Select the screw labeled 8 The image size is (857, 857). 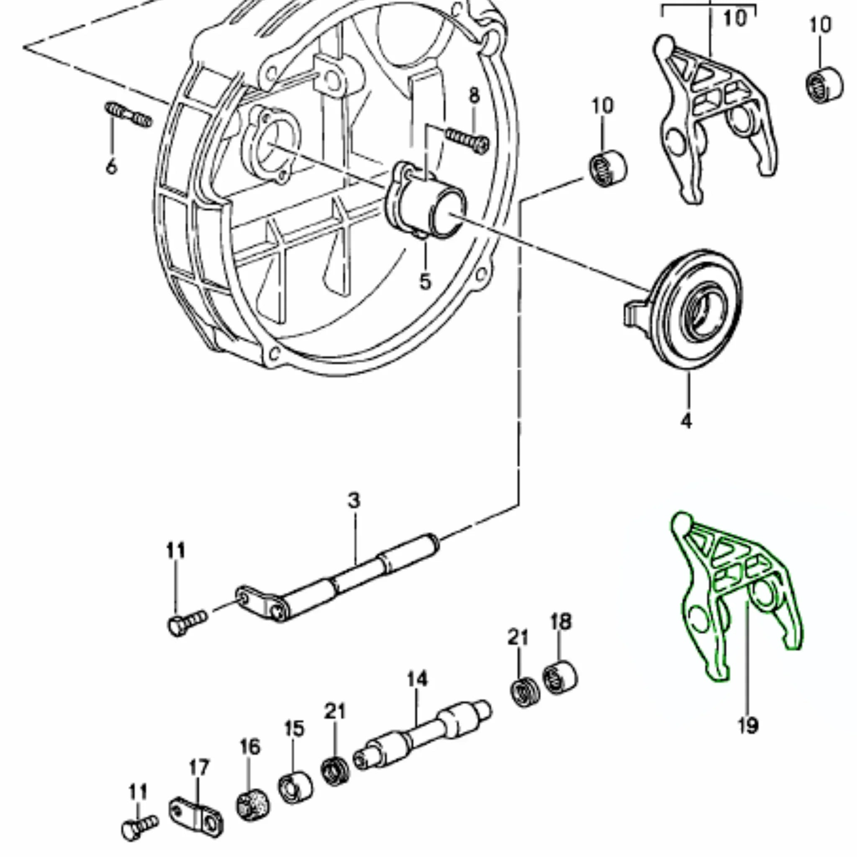pyautogui.click(x=468, y=140)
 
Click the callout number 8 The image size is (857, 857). pyautogui.click(x=474, y=95)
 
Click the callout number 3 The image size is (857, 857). pyautogui.click(x=354, y=500)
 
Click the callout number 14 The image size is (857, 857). pyautogui.click(x=417, y=679)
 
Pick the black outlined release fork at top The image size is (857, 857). pyautogui.click(x=714, y=120)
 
